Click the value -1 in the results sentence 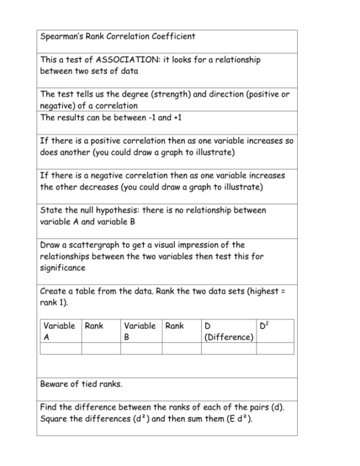147,117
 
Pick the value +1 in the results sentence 176,117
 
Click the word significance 62,268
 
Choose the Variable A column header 59,331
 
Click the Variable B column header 139,331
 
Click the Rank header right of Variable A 94,326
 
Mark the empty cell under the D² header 275,348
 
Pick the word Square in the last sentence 53,418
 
